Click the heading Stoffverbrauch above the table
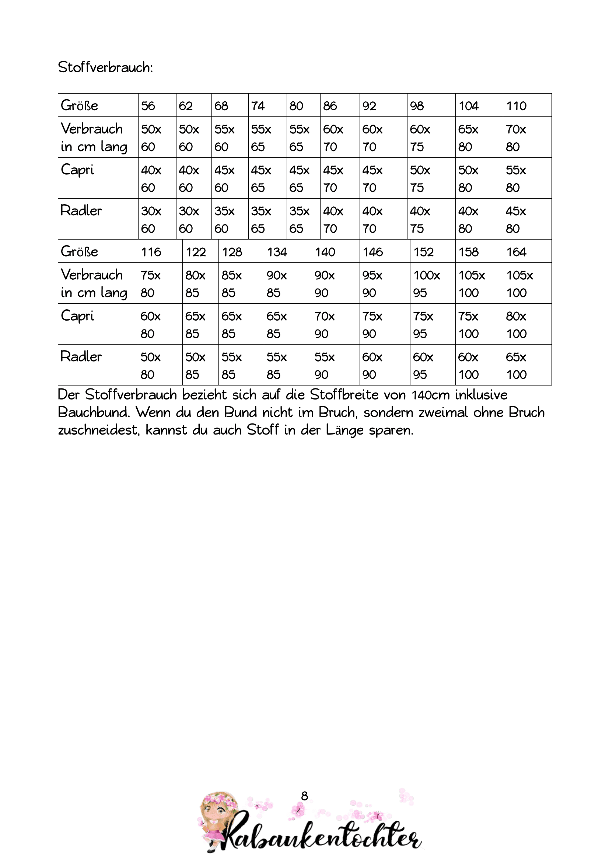click(105, 67)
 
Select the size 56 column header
click(148, 106)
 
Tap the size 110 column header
click(516, 106)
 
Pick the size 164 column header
click(516, 252)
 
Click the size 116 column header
click(151, 252)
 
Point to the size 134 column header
click(277, 252)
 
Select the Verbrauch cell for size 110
click(516, 138)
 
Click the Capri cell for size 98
click(420, 179)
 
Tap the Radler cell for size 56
click(151, 220)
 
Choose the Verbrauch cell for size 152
click(427, 284)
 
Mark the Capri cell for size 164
click(516, 325)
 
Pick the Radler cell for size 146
click(372, 365)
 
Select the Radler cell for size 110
click(516, 220)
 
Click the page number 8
click(304, 796)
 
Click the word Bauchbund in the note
click(94, 413)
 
